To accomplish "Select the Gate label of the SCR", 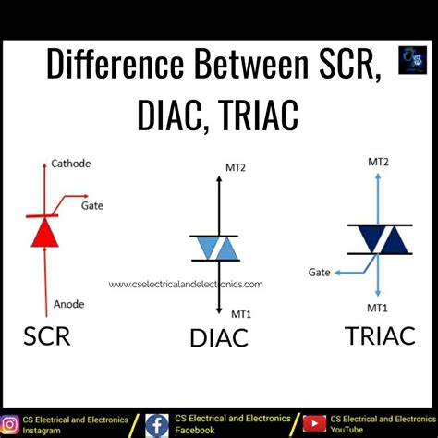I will tap(91, 206).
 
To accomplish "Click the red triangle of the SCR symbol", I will tap(44, 233).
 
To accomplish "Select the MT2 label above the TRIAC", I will tap(380, 161).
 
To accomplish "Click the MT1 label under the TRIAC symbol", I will tap(377, 307).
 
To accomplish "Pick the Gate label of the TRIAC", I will tap(320, 274).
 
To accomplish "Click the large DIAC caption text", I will tap(218, 338).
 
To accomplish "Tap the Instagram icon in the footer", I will tap(12, 425).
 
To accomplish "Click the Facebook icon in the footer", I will tap(157, 425).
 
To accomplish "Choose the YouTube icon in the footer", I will tap(315, 425).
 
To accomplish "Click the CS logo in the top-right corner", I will tap(411, 60).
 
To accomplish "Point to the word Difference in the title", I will tap(112, 64).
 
